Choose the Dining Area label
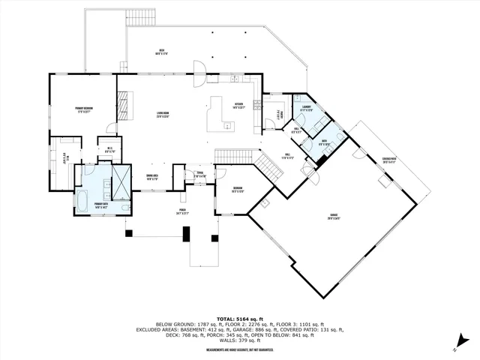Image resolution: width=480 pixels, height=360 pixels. coord(151,178)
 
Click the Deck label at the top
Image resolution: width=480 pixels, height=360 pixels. coord(160,52)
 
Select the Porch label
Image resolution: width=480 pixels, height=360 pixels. coord(182,212)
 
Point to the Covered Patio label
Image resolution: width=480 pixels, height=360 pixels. coord(389,160)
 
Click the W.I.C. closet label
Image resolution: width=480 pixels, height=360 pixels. coord(109,149)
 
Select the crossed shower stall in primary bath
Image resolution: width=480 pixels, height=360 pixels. coord(120,180)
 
